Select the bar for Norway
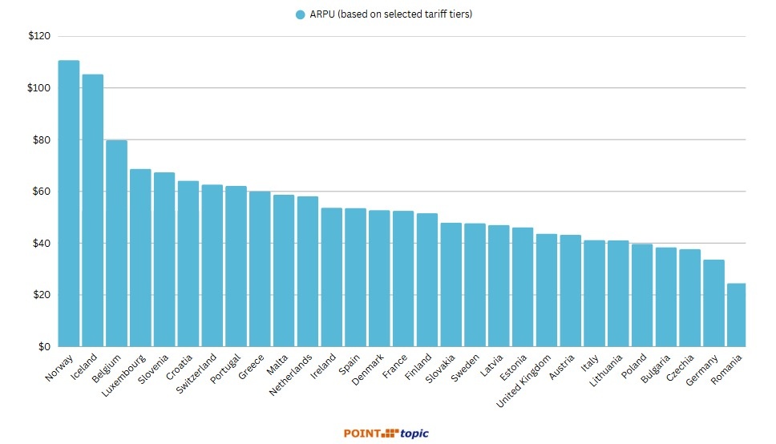(69, 204)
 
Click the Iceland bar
(93, 210)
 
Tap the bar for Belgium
(116, 244)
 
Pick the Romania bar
(736, 315)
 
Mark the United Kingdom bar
(547, 290)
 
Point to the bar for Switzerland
(212, 265)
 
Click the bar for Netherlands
(308, 272)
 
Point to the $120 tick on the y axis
(38, 37)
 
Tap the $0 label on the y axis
(43, 347)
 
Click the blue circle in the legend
(301, 14)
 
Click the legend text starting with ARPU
(390, 14)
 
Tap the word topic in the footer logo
(414, 434)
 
